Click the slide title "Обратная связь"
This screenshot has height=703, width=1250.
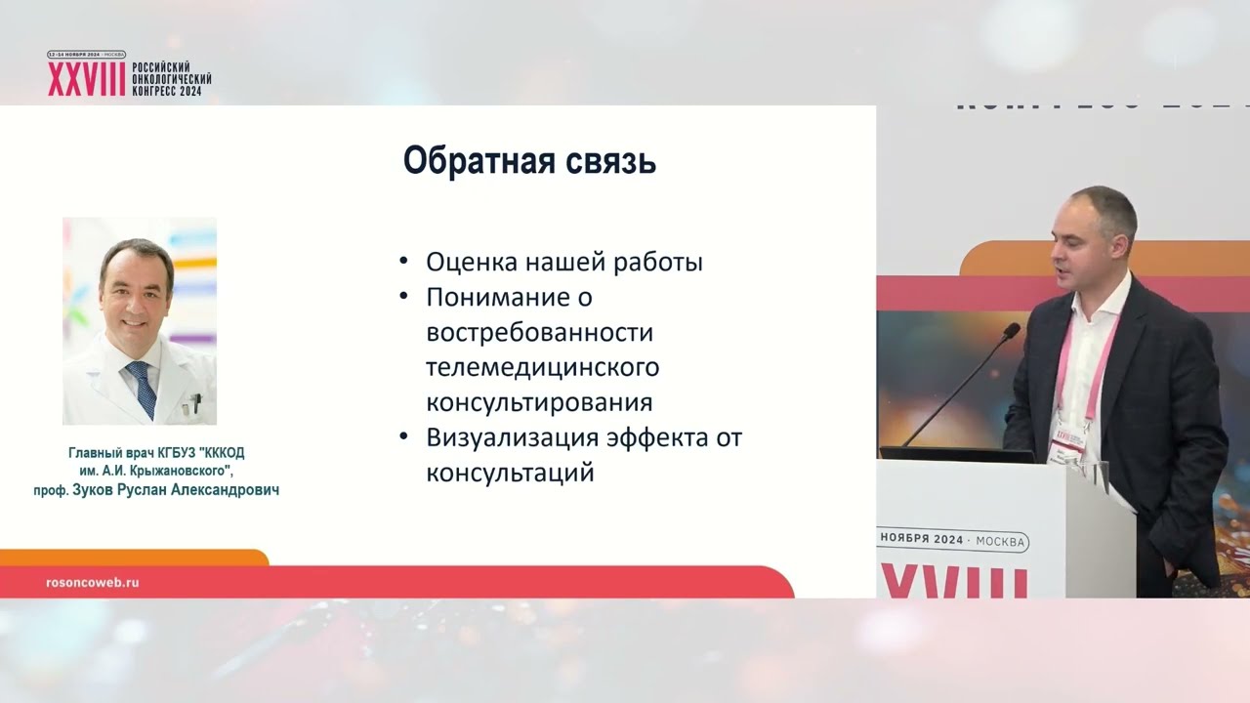[x=529, y=162]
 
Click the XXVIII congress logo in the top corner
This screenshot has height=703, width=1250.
[x=129, y=75]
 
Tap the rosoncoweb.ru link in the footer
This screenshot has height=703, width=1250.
[x=93, y=582]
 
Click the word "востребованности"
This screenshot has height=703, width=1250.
[x=539, y=333]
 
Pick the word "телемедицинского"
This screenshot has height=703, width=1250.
[x=542, y=368]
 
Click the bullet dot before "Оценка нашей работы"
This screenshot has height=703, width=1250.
[x=404, y=263]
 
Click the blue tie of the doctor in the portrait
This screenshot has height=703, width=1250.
[x=143, y=388]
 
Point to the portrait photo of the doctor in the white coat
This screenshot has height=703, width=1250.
[x=140, y=320]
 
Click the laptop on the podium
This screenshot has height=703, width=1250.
[x=956, y=454]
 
